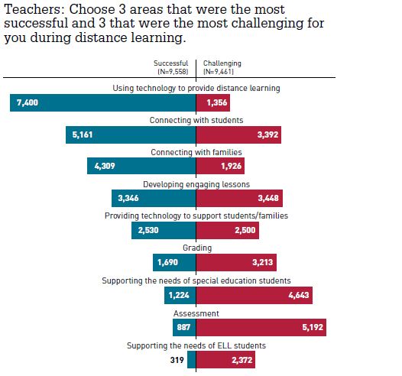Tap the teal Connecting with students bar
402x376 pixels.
tap(131, 135)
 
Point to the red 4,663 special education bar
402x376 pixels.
tap(254, 296)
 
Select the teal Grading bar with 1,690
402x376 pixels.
tap(173, 264)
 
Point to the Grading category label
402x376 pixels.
tap(196, 248)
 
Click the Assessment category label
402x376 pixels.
tap(196, 313)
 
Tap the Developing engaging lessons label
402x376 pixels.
tap(196, 184)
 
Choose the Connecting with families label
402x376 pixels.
tap(196, 152)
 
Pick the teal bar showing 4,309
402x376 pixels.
tap(141, 167)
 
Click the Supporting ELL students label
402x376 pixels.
tap(196, 345)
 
